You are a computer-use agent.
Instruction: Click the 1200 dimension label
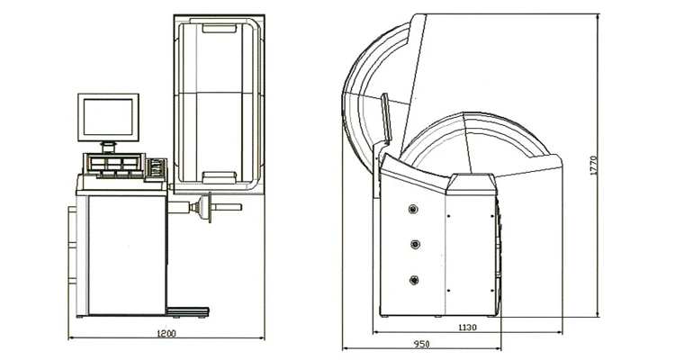(x=166, y=333)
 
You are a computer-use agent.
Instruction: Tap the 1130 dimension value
(x=467, y=328)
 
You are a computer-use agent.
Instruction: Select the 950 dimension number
(x=421, y=344)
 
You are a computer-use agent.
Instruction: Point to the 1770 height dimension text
(x=593, y=166)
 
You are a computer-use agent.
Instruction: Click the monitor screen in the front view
(x=108, y=117)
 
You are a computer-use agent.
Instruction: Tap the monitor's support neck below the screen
(x=108, y=147)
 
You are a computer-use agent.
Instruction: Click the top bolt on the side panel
(x=414, y=209)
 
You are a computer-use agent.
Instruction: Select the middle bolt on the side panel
(x=415, y=245)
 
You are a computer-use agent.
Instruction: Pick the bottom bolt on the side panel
(x=414, y=280)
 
